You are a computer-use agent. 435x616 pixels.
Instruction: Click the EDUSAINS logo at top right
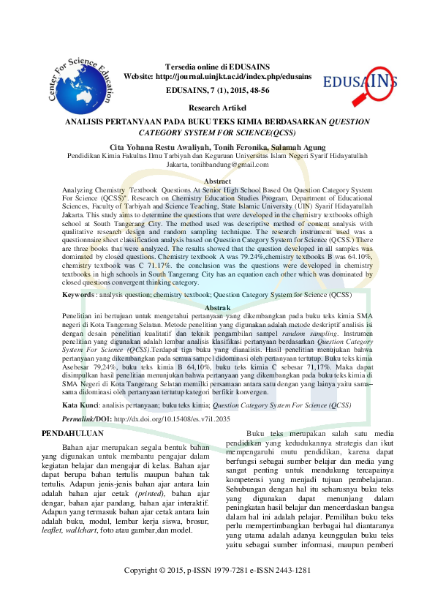(x=361, y=82)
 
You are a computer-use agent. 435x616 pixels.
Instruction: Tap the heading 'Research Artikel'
(x=217, y=107)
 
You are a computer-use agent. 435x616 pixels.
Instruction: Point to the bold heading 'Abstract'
(x=217, y=181)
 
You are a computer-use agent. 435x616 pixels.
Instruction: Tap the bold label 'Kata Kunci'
(x=80, y=405)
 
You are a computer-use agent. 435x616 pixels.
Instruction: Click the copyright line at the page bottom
(x=218, y=570)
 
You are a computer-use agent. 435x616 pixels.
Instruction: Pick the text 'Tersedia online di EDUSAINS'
(x=218, y=65)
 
